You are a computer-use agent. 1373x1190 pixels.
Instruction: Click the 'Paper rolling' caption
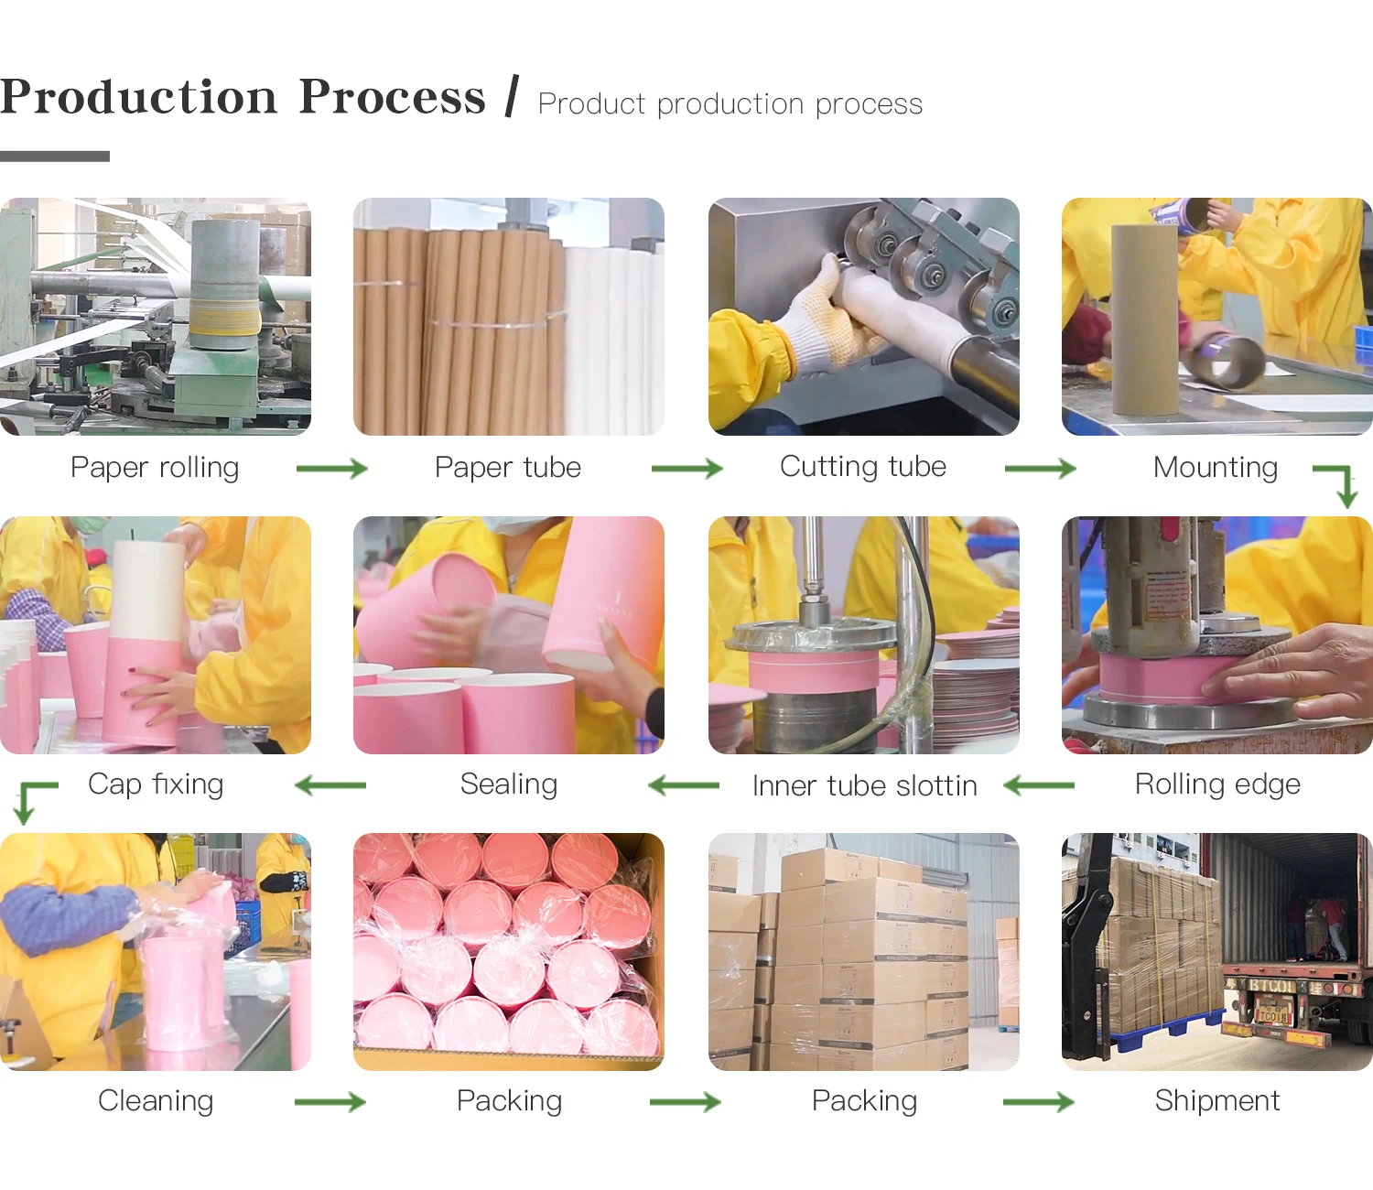(x=155, y=468)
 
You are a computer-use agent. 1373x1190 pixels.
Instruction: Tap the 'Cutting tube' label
(x=862, y=467)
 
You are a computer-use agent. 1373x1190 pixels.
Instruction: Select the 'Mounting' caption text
(x=1215, y=468)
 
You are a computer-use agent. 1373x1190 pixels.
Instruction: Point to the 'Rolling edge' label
(x=1216, y=784)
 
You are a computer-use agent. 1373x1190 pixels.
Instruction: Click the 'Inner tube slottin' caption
(x=864, y=786)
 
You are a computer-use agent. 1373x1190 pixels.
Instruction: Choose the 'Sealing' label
(x=508, y=784)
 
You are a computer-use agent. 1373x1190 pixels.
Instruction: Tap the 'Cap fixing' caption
(x=156, y=784)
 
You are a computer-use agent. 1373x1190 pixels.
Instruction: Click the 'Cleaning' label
(x=156, y=1101)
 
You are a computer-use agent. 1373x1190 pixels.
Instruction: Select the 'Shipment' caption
(x=1216, y=1101)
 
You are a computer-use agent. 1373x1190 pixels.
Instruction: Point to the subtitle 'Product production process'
(x=730, y=104)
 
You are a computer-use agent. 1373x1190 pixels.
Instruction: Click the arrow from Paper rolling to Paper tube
(x=331, y=469)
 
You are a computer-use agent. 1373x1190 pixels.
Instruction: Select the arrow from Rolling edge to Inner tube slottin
(x=1039, y=785)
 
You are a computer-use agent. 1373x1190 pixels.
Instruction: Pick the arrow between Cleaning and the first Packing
(x=330, y=1102)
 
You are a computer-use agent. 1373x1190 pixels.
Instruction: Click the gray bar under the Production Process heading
(x=55, y=157)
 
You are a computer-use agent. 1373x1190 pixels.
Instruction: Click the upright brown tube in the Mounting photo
(x=1144, y=320)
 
